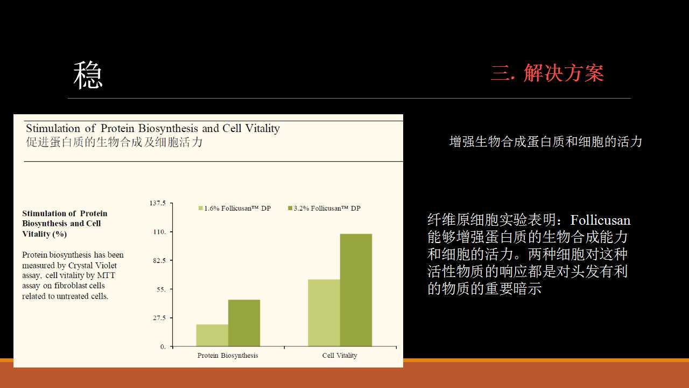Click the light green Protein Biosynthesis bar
click(x=212, y=335)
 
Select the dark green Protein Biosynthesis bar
click(x=244, y=323)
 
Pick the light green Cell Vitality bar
click(x=324, y=313)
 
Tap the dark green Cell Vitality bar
click(x=356, y=290)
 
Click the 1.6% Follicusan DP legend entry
click(x=235, y=209)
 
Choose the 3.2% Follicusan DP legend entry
click(x=324, y=209)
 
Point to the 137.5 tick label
click(x=158, y=203)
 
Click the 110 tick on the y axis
click(x=160, y=232)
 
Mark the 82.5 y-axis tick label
click(x=159, y=260)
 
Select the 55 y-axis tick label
click(x=161, y=289)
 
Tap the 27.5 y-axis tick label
click(x=159, y=318)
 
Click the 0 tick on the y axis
click(x=163, y=347)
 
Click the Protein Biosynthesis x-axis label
click(x=228, y=355)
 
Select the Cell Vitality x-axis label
click(x=340, y=355)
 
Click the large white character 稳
click(x=88, y=75)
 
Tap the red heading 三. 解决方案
click(x=547, y=73)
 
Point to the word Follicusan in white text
click(x=600, y=220)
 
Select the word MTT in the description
click(x=106, y=275)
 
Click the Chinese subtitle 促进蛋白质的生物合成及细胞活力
click(x=114, y=142)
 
